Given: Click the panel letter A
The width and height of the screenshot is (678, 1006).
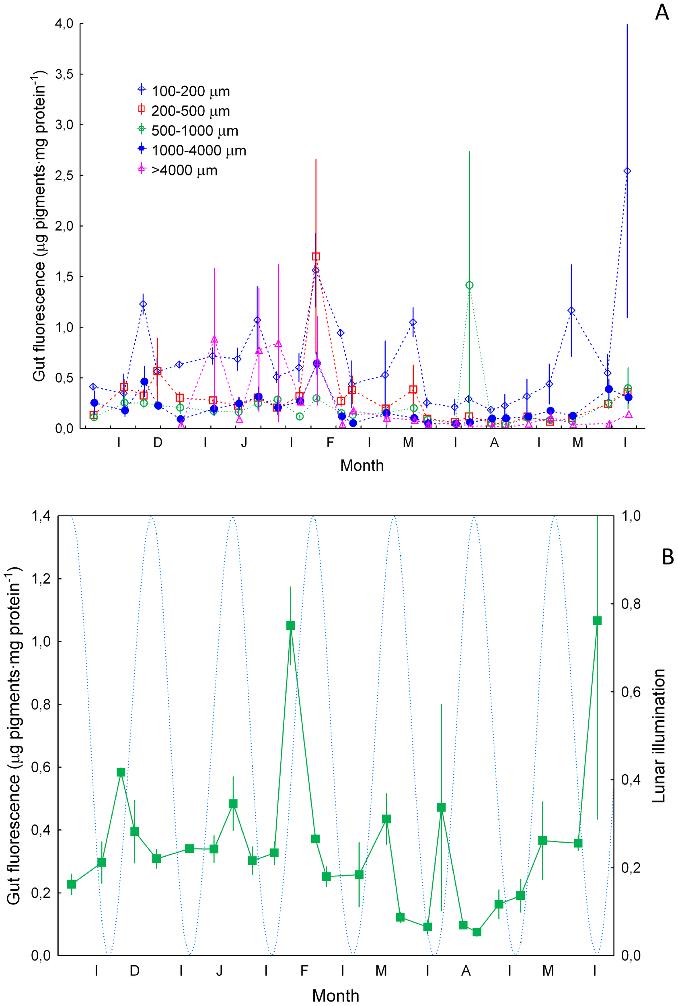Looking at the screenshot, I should [662, 12].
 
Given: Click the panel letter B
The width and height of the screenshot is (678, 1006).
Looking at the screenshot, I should [667, 557].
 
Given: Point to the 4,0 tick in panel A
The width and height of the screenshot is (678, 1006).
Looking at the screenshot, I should [64, 23].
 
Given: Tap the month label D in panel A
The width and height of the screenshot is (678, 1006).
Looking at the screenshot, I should [158, 442].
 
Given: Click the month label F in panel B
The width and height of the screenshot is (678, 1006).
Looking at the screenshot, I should [304, 971].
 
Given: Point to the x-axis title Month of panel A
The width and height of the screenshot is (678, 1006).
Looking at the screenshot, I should [362, 466].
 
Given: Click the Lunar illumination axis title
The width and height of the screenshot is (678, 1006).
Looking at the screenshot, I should [659, 736].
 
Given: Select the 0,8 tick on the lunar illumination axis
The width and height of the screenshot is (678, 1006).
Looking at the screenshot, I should [631, 604].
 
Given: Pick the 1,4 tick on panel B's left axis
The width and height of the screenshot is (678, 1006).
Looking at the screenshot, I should [41, 516].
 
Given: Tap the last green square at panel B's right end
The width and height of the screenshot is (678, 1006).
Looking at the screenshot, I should [597, 621].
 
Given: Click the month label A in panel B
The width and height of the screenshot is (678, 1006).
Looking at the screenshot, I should [466, 971].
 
